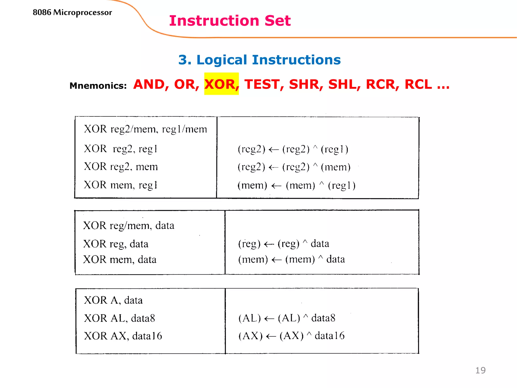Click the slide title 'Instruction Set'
click(230, 21)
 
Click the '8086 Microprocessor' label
click(72, 12)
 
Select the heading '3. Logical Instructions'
click(259, 60)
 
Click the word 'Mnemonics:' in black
click(98, 86)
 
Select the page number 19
click(480, 370)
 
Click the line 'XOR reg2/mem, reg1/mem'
click(145, 129)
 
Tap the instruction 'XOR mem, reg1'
click(121, 185)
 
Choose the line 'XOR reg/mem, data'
click(129, 225)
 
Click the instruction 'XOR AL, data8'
click(119, 318)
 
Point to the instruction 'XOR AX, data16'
click(123, 336)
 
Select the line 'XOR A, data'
click(113, 300)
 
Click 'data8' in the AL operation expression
click(323, 318)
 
